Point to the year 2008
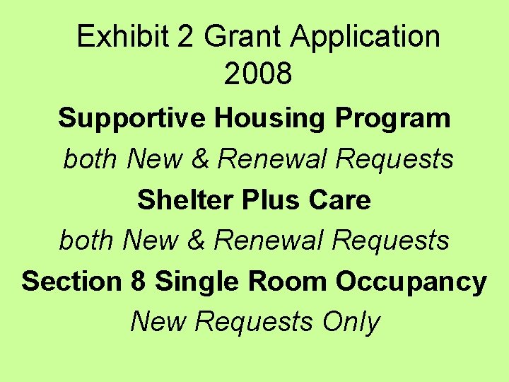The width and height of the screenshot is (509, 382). tap(258, 74)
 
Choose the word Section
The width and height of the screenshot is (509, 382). tap(71, 282)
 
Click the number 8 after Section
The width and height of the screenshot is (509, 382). tap(139, 282)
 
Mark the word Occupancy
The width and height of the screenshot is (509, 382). tap(411, 282)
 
